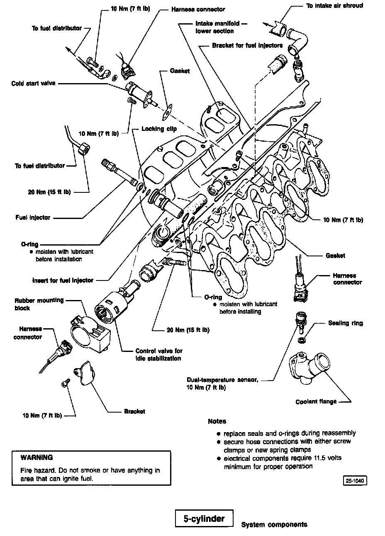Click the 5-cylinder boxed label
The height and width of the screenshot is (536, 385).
point(204,519)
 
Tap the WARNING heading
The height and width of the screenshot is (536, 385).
point(37,457)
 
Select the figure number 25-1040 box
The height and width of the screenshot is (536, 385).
point(355,481)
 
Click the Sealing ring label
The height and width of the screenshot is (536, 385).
point(345,323)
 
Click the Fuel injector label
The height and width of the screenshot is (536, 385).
point(33,217)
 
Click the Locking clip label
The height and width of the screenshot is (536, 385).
point(159,129)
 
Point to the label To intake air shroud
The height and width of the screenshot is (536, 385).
point(335,6)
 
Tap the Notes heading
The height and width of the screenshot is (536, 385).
point(217,421)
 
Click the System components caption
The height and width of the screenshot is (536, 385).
point(274,524)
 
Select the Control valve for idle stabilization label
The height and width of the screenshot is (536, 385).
point(159,354)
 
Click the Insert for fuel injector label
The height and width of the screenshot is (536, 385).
point(63,280)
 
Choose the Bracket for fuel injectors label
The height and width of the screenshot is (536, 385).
point(247,45)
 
